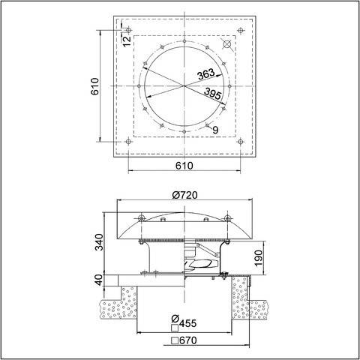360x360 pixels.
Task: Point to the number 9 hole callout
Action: tap(215, 130)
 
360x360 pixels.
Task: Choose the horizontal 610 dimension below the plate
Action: tap(184, 165)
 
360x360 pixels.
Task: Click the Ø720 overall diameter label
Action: tap(184, 195)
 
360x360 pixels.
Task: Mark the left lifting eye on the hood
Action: tap(141, 218)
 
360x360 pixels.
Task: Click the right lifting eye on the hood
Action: tap(227, 218)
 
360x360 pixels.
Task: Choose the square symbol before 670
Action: tap(174, 340)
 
